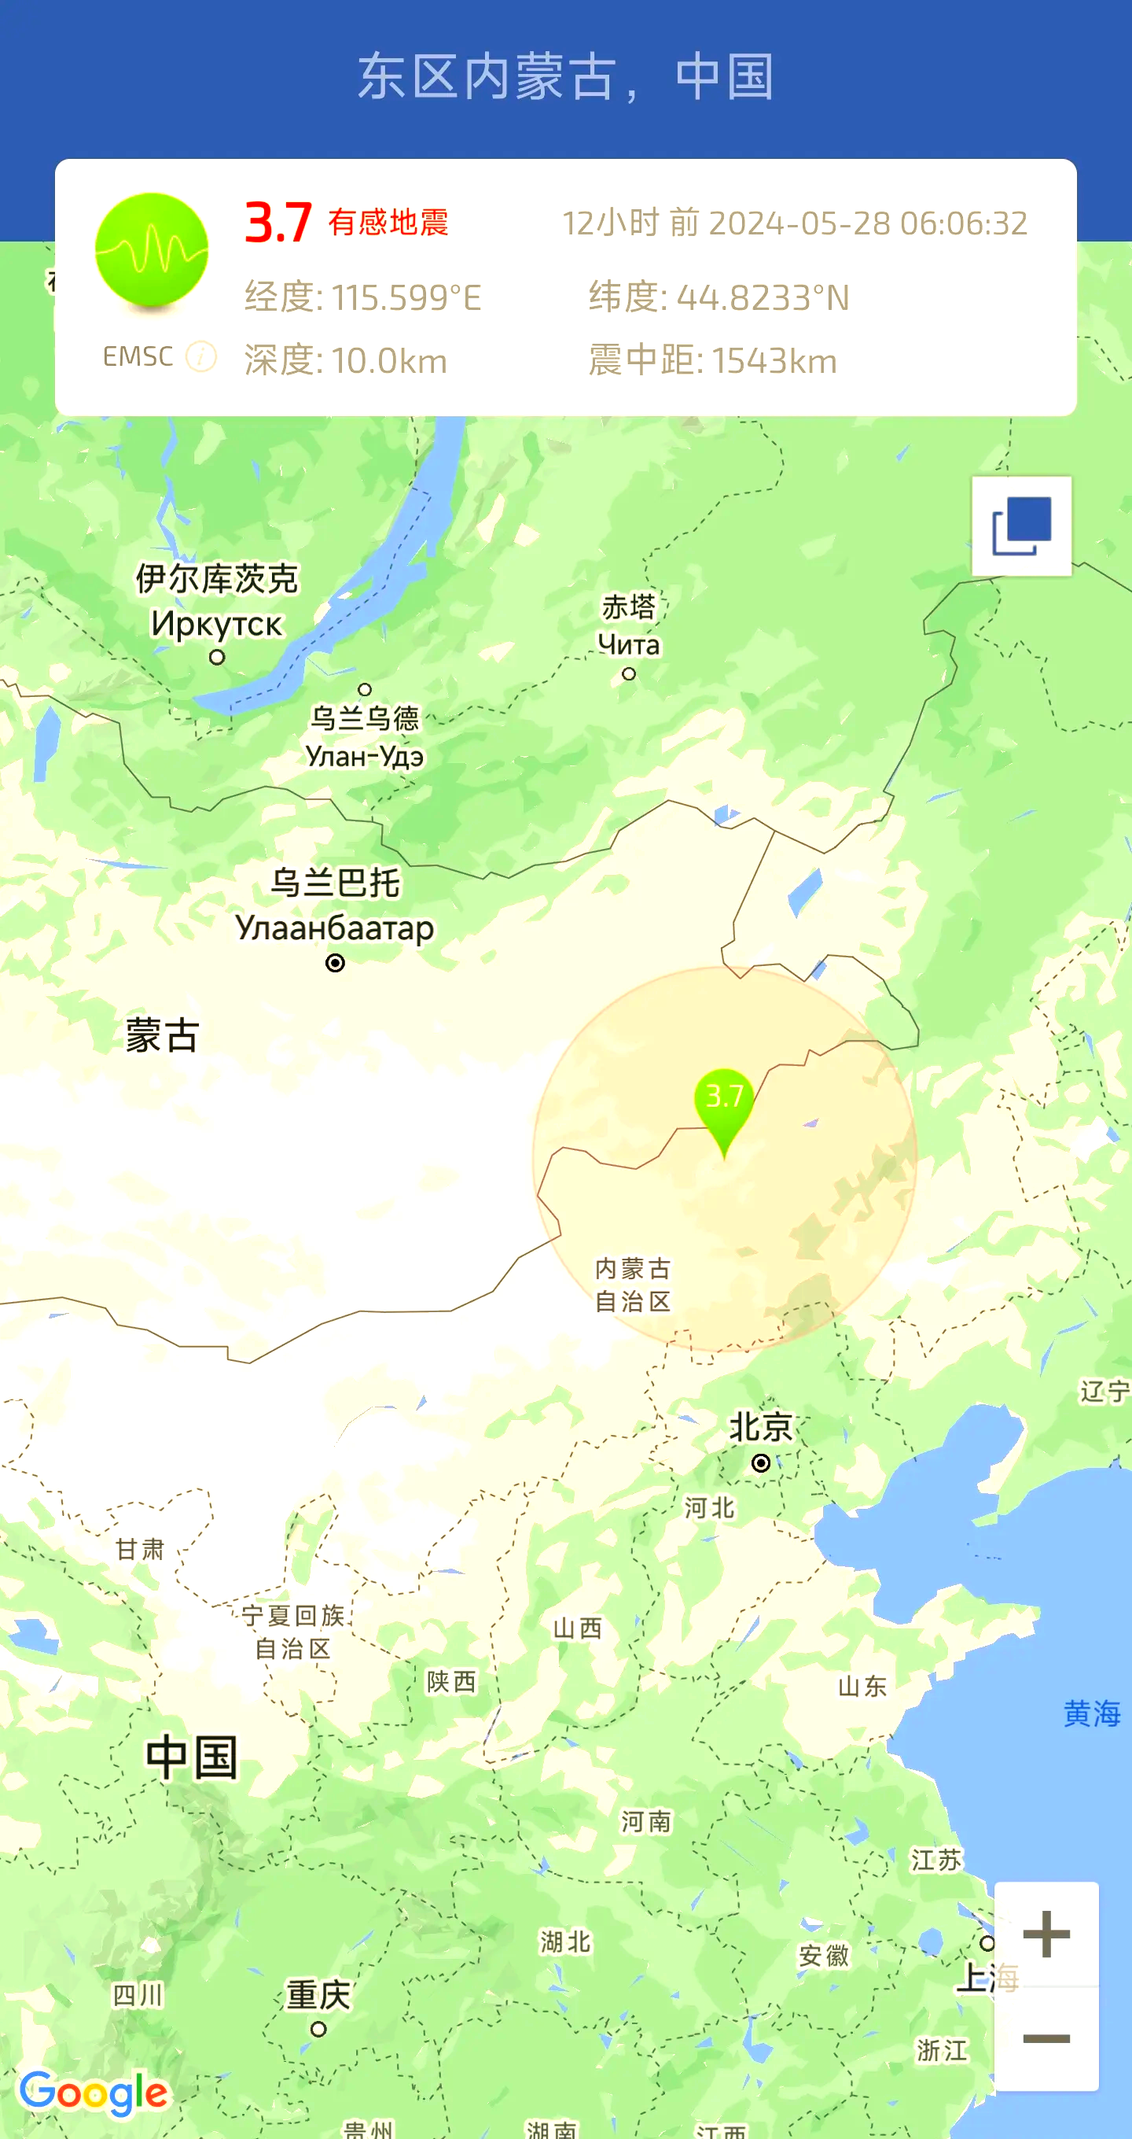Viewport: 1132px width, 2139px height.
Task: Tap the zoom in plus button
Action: coord(1046,1934)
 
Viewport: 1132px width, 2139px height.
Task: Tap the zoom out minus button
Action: coord(1046,2038)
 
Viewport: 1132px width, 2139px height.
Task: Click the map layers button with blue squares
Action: coord(1022,526)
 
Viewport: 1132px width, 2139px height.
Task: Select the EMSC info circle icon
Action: coord(200,356)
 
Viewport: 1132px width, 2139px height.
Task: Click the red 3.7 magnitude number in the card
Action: coord(278,223)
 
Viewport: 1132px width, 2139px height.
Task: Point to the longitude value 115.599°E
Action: coord(406,297)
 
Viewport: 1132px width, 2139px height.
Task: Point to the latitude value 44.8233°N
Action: coord(763,297)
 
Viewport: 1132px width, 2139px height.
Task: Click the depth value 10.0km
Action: coord(389,361)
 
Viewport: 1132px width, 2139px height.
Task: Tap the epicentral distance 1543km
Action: coord(774,361)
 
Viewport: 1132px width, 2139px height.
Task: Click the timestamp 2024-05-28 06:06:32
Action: coord(867,223)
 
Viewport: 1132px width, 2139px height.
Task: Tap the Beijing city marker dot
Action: coord(760,1462)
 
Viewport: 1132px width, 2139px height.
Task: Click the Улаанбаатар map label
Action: coord(334,928)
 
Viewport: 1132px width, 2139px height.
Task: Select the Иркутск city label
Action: coord(217,624)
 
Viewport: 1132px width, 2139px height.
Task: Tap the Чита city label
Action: coord(628,644)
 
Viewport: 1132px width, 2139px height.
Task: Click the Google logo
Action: coord(94,2093)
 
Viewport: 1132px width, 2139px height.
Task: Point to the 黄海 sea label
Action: coord(1091,1713)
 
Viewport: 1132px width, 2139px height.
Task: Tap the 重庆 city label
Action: coord(318,1993)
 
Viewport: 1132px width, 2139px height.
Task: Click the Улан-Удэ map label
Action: coord(364,756)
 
